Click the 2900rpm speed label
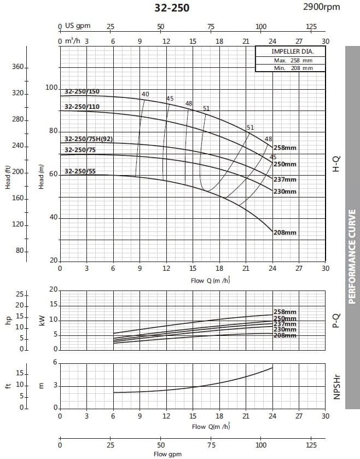pyautogui.click(x=321, y=7)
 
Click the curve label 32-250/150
pyautogui.click(x=82, y=92)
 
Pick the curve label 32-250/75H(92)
pyautogui.click(x=89, y=139)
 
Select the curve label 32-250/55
pyautogui.click(x=80, y=171)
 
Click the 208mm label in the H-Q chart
pyautogui.click(x=285, y=233)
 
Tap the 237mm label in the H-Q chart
pyautogui.click(x=285, y=179)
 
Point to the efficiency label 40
pyautogui.click(x=145, y=94)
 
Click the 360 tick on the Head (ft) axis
pyautogui.click(x=18, y=67)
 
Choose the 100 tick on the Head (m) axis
pyautogui.click(x=51, y=88)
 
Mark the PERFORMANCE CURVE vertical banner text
pyautogui.click(x=352, y=256)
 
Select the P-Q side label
pyautogui.click(x=336, y=320)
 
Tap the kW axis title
pyautogui.click(x=42, y=321)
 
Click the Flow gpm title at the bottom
pyautogui.click(x=167, y=454)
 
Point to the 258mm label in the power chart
pyautogui.click(x=285, y=312)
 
